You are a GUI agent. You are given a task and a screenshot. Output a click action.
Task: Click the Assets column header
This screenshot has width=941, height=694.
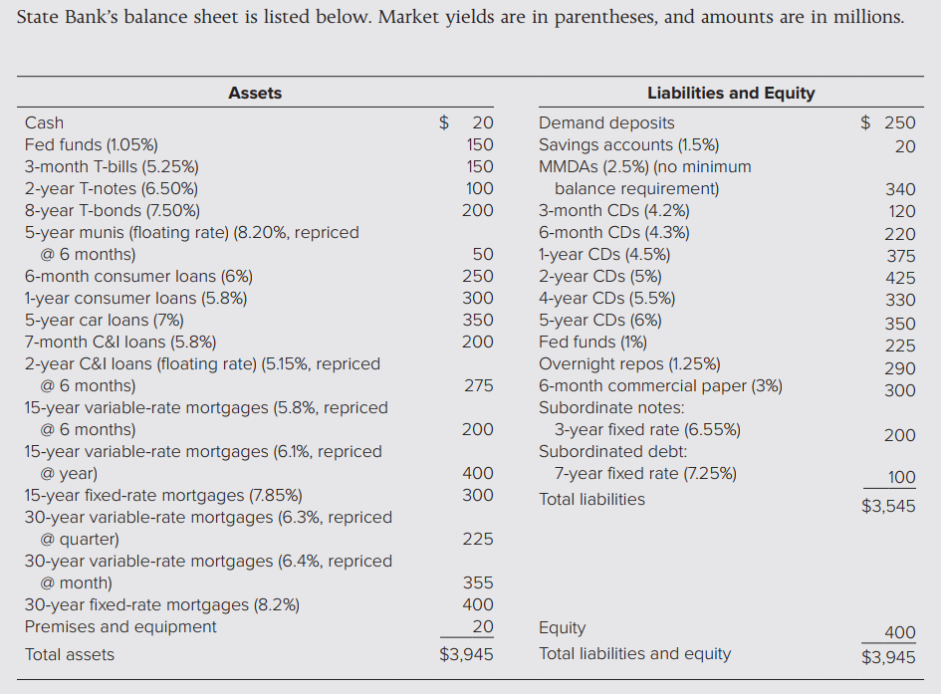(255, 93)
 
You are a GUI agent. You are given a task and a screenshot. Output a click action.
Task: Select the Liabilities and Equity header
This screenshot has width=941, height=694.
(730, 93)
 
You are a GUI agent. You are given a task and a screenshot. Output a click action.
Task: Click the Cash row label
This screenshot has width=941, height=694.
(44, 122)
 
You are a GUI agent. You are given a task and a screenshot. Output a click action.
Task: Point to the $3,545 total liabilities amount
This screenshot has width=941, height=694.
(888, 506)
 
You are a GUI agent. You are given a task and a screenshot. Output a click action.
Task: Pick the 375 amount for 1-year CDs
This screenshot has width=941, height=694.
(900, 256)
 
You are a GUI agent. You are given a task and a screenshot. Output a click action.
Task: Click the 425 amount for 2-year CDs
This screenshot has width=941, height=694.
(900, 278)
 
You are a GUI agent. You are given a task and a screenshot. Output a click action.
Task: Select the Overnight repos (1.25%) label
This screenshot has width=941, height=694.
(629, 363)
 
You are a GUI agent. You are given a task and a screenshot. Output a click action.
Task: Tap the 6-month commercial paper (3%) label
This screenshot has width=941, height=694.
(660, 385)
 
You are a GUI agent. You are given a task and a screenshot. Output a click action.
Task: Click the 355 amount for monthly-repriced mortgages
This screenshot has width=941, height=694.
(478, 582)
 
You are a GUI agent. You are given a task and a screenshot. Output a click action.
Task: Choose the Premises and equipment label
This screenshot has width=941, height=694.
(120, 626)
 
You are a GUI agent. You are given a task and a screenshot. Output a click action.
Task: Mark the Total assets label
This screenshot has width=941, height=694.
(70, 654)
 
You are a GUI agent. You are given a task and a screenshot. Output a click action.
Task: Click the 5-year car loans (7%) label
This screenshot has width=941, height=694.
(105, 320)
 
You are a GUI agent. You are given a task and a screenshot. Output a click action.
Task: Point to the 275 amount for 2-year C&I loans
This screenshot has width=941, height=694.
(478, 385)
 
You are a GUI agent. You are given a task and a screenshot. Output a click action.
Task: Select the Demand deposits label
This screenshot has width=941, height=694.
(606, 122)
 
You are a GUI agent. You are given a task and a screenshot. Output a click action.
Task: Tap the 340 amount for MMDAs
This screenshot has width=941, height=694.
(900, 188)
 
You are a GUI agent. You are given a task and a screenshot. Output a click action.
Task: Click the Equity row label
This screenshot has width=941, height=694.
(562, 628)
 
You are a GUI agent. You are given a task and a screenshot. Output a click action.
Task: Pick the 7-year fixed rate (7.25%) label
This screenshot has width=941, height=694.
(645, 473)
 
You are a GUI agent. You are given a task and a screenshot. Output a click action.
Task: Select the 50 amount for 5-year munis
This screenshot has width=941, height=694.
(483, 254)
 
